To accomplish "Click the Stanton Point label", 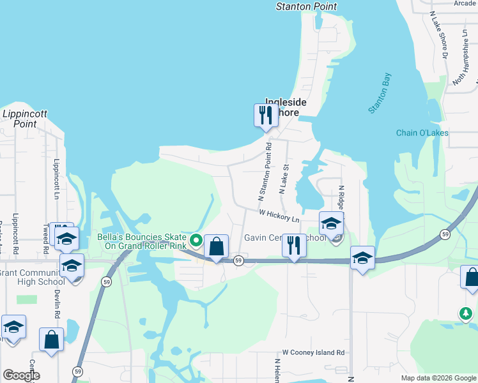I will tap(306, 6).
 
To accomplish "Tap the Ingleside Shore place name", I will tap(286, 107).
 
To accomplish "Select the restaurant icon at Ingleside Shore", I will tap(265, 116).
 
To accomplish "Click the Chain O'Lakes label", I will tap(422, 133).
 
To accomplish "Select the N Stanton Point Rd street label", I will tap(265, 172).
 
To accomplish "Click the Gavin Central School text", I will tap(284, 237).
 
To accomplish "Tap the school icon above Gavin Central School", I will tap(331, 223).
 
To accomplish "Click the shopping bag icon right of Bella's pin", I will tap(216, 246).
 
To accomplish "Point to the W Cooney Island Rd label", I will tap(313, 352).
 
